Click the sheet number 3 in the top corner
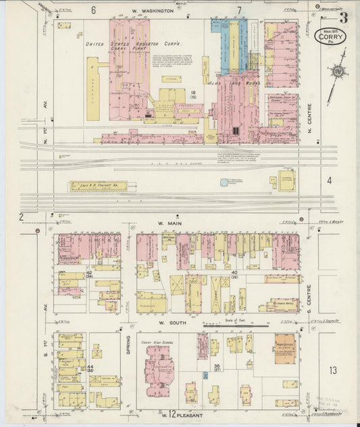[x=344, y=18]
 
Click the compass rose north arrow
[x=336, y=71]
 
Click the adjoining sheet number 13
[x=333, y=370]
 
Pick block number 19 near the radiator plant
[x=193, y=93]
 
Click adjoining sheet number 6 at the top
[x=93, y=10]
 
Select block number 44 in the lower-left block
[x=89, y=366]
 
